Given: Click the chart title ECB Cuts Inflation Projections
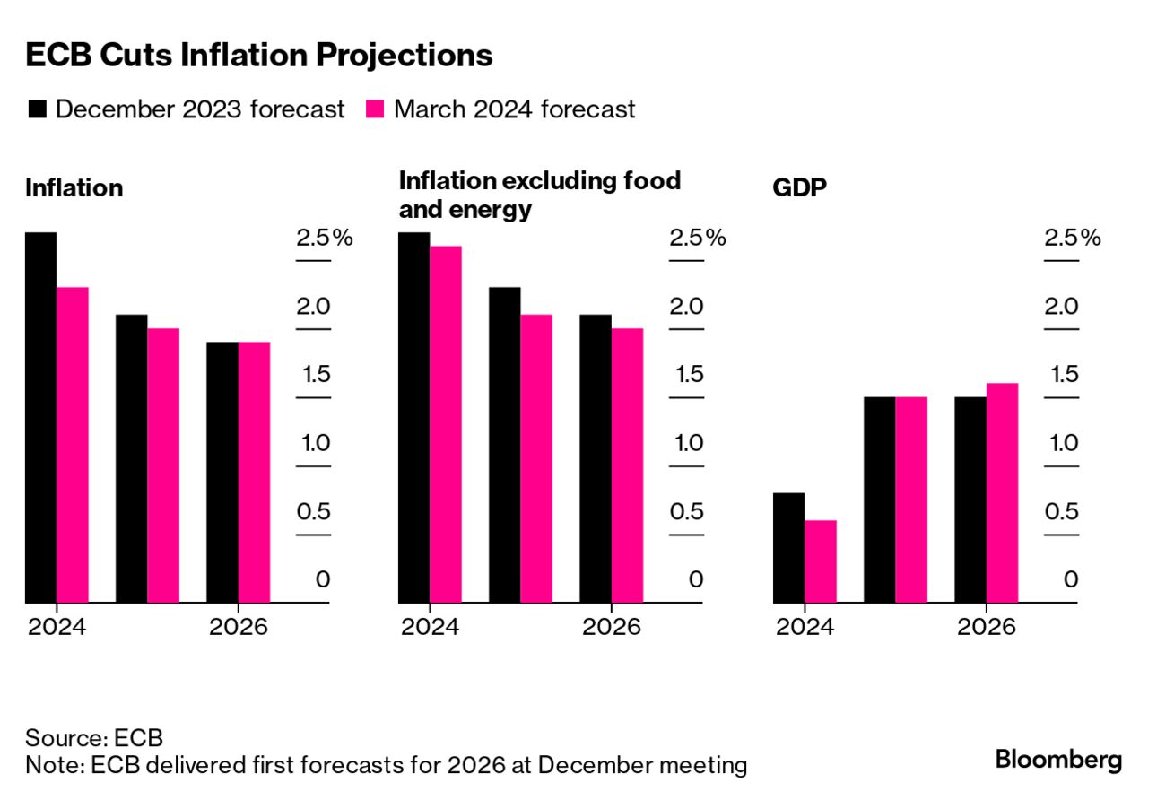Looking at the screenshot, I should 259,56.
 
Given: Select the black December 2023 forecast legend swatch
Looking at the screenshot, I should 38,109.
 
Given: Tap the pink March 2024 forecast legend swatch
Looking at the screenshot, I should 376,109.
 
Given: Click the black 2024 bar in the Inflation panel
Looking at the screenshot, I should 41,417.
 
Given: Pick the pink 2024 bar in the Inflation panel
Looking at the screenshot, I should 73,445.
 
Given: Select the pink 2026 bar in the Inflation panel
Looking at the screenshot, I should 254,472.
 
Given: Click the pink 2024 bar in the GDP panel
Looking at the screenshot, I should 821,561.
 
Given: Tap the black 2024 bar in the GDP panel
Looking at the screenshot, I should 788,547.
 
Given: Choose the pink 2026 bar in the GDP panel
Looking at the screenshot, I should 1002,492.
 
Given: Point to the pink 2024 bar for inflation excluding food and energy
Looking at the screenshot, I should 446,424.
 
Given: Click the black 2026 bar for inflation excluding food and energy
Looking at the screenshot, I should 596,458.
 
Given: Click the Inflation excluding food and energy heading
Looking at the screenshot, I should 539,195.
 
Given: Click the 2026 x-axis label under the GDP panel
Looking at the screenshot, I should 987,626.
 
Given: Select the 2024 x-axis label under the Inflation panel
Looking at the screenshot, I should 57,626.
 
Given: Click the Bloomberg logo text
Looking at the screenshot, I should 1058,760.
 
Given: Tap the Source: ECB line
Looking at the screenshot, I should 94,738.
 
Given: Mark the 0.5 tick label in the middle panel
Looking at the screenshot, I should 686,511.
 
